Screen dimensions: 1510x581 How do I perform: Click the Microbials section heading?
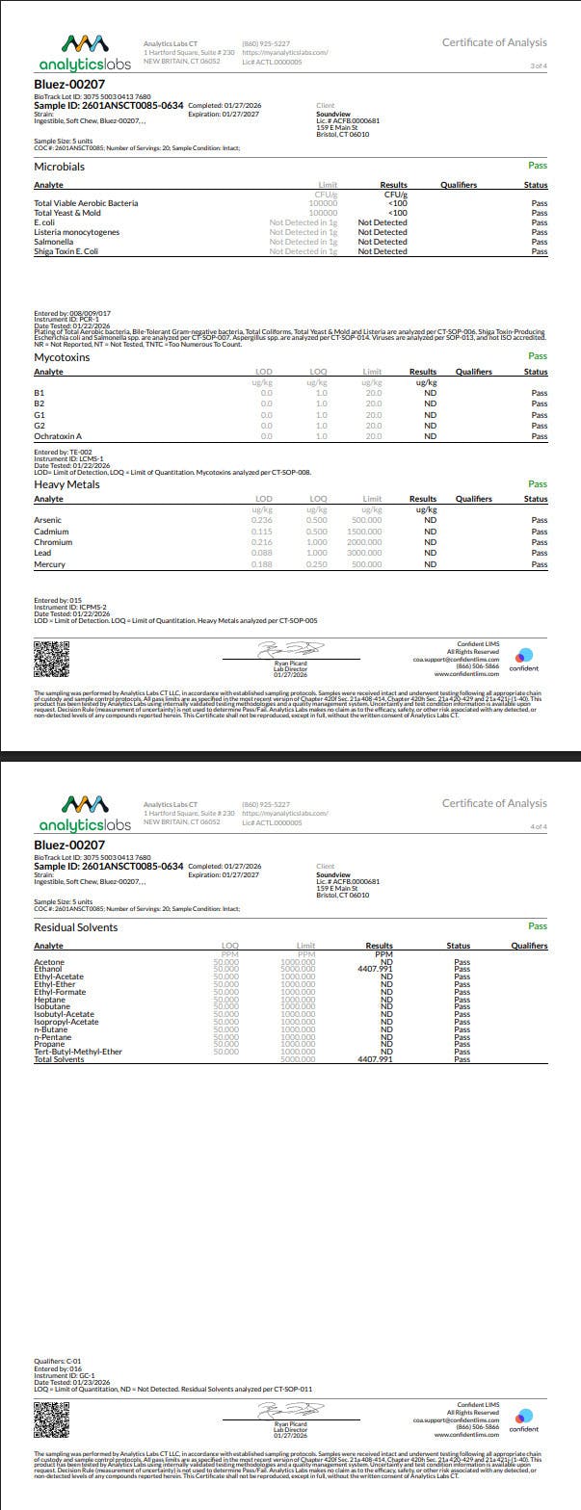(59, 167)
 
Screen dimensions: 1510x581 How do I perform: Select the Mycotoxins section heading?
(62, 357)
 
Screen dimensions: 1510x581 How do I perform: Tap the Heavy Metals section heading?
(66, 484)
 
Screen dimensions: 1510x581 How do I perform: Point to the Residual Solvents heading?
(75, 927)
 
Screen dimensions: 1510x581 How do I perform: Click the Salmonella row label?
(52, 242)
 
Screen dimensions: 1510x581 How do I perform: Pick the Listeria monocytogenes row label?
(76, 232)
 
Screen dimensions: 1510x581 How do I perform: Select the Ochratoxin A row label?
(58, 436)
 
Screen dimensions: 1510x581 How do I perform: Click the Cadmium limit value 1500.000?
(365, 532)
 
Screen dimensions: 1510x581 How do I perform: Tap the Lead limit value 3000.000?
(365, 553)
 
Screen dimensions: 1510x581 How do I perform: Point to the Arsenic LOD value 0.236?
(261, 520)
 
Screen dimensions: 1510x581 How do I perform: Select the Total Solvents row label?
(59, 1059)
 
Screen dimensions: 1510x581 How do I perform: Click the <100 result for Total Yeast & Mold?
(397, 213)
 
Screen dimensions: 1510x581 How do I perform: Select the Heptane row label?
(49, 999)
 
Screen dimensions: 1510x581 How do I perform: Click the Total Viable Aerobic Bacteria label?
(86, 203)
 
